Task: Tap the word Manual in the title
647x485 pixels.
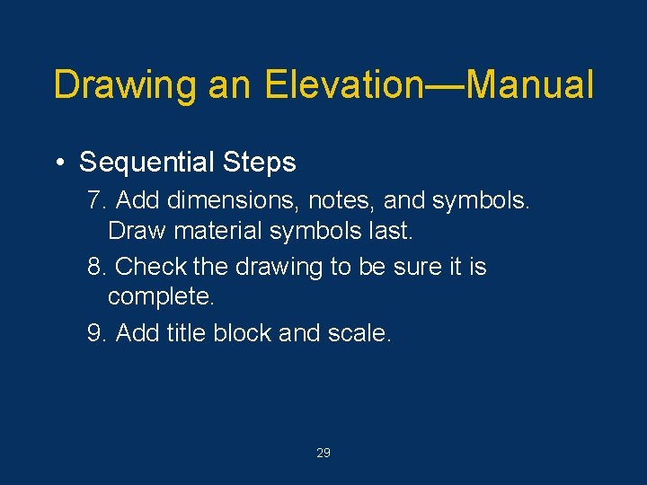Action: coord(531,85)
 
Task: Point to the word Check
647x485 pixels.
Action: coord(147,267)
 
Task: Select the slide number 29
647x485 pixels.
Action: coord(323,454)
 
